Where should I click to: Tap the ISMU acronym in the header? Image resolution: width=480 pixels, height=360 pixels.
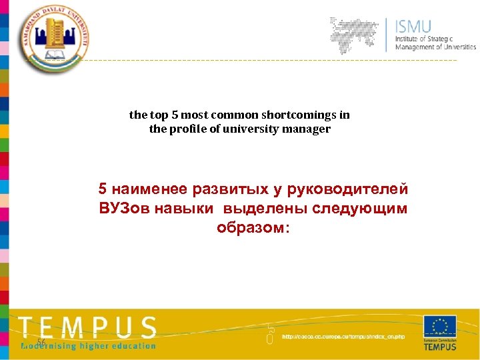click(x=413, y=27)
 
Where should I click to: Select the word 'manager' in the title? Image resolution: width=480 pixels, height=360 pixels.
click(x=309, y=129)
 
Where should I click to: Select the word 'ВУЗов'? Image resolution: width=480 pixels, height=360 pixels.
click(x=125, y=209)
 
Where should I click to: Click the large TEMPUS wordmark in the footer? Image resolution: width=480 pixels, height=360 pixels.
click(x=87, y=327)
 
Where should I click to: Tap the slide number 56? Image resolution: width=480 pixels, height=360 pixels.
click(x=41, y=342)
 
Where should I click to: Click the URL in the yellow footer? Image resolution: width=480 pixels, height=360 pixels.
click(x=343, y=337)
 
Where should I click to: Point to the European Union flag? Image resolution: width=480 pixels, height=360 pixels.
click(x=440, y=327)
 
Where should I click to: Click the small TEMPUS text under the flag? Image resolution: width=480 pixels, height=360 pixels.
click(x=440, y=347)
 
